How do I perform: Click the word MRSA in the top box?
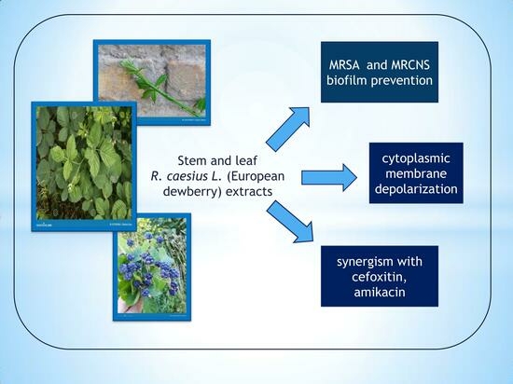(344, 65)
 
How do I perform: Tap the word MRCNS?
(410, 65)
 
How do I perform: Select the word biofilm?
(346, 80)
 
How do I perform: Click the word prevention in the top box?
(401, 81)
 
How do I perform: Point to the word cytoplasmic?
(416, 158)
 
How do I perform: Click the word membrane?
(416, 173)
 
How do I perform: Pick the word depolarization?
(416, 189)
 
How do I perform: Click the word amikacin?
(380, 292)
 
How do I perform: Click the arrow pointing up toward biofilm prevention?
(288, 129)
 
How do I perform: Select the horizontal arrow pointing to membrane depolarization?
(329, 177)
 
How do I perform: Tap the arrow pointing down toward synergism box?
(290, 222)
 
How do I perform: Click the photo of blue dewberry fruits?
(152, 267)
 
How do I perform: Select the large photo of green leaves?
(84, 166)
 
